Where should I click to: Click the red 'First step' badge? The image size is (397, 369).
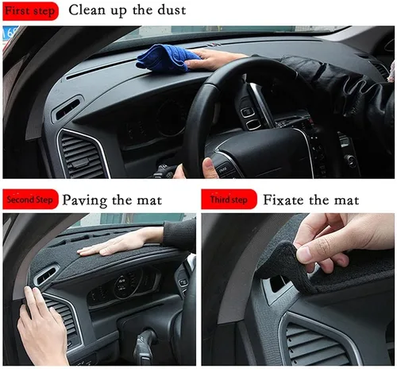point(30,11)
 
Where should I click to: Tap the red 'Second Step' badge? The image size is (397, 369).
point(30,200)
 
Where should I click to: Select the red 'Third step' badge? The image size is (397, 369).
point(229,200)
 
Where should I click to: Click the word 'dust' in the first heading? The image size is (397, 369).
point(172,10)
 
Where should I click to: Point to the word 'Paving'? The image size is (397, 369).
point(85,200)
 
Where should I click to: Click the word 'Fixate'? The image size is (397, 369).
point(283,200)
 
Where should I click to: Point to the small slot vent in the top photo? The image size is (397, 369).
point(67,109)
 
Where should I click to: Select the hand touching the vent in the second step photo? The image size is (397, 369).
point(42,328)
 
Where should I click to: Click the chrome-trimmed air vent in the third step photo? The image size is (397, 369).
point(318,342)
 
